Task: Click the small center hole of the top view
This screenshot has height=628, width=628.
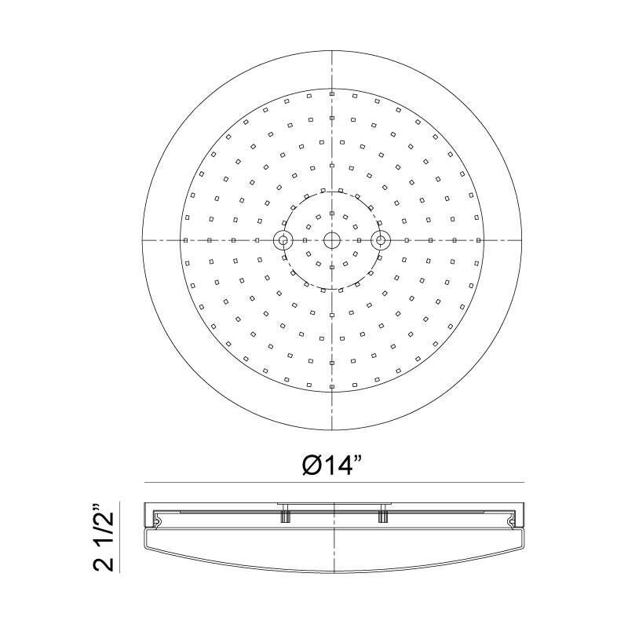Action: click(332, 239)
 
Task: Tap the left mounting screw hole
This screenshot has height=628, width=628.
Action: click(282, 239)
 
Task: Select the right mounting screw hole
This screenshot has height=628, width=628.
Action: click(381, 239)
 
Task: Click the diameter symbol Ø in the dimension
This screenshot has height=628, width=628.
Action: click(312, 465)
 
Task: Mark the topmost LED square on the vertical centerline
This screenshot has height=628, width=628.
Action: click(332, 93)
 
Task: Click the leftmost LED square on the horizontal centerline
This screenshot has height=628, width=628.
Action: click(185, 239)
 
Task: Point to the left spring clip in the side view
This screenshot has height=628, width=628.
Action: click(159, 520)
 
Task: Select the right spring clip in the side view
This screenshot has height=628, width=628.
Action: click(512, 520)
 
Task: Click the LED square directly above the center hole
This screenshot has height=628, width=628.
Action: click(332, 214)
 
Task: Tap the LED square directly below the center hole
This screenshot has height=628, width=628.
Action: click(332, 267)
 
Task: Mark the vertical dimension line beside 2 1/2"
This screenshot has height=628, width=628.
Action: click(119, 537)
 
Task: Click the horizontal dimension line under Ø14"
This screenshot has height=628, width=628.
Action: click(333, 482)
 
